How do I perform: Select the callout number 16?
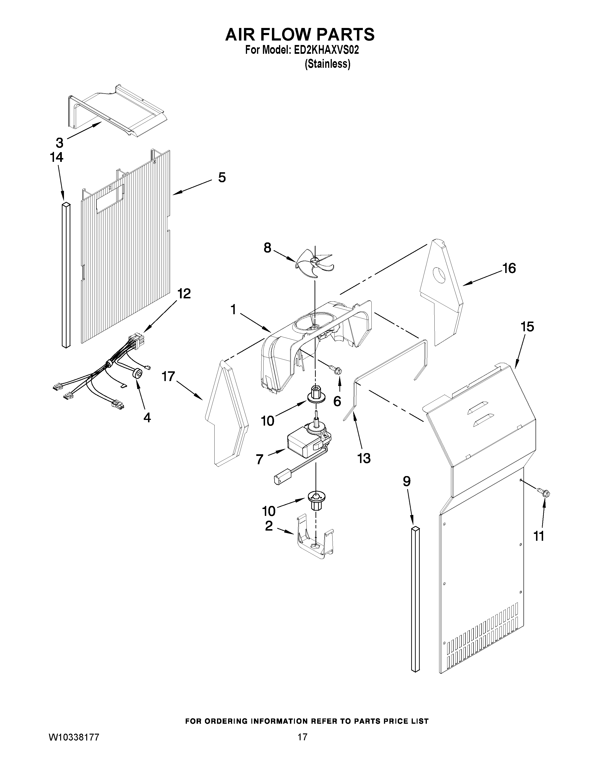pos(509,268)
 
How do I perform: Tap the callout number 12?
pos(184,294)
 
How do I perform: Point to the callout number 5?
pos(222,177)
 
